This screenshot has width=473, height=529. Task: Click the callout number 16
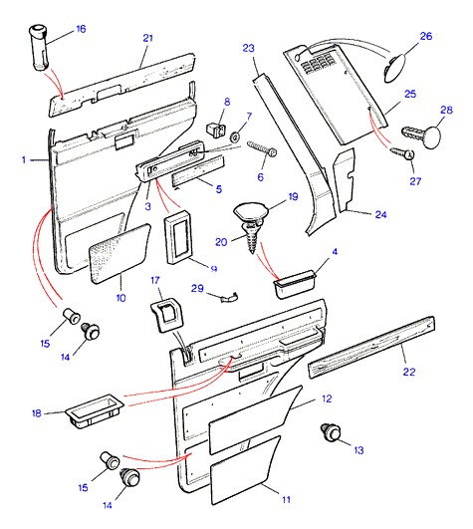tap(81, 29)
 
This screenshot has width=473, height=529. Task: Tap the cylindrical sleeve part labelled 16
tap(39, 47)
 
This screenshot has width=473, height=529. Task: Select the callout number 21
tap(148, 38)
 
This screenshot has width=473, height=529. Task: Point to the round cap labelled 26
tap(395, 69)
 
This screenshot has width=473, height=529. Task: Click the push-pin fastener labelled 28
tap(422, 134)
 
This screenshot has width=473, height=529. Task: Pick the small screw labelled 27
tap(402, 152)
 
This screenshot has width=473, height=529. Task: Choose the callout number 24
tap(381, 214)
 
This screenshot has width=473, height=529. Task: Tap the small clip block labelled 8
tap(215, 130)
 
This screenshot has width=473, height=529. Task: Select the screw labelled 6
tap(262, 149)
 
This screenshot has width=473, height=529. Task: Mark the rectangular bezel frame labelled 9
tap(177, 237)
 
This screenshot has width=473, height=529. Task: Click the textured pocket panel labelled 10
tap(118, 254)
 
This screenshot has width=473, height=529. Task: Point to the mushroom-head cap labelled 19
tap(251, 211)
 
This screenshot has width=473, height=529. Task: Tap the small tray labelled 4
tap(295, 283)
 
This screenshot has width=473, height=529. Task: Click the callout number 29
tap(197, 289)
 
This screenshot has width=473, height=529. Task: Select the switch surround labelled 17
tap(166, 315)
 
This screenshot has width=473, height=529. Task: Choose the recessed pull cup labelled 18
tap(95, 410)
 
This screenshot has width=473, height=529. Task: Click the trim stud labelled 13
tap(331, 432)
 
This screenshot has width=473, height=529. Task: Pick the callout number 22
tap(409, 372)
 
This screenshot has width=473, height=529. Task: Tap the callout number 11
tap(286, 500)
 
